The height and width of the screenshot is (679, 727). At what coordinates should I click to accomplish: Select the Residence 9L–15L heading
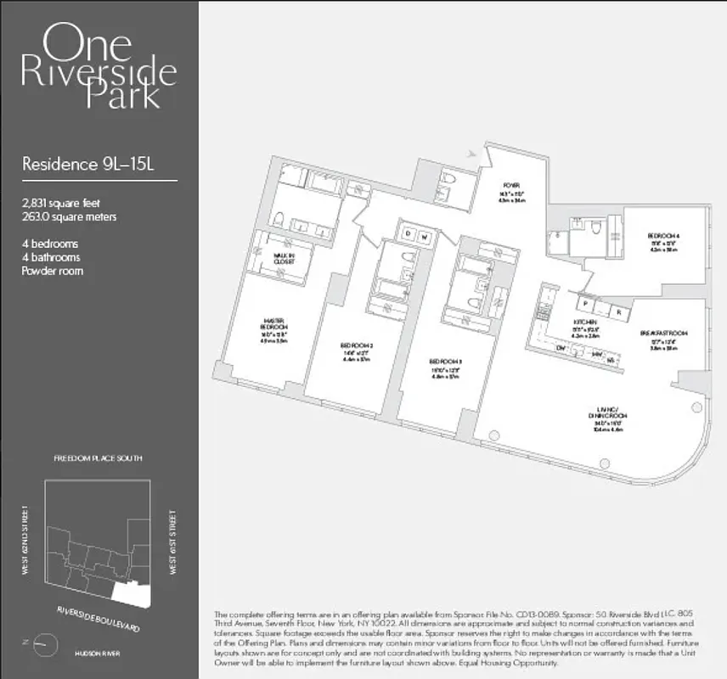(87, 164)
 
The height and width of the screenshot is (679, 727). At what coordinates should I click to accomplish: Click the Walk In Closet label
(284, 259)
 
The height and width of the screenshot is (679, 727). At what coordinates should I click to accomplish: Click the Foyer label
(510, 186)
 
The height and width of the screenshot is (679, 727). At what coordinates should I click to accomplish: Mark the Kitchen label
(584, 323)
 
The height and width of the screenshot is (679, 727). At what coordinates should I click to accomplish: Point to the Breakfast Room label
(663, 334)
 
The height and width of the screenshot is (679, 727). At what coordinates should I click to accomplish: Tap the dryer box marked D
(408, 234)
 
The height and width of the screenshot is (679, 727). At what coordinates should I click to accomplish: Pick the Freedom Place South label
(99, 458)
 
